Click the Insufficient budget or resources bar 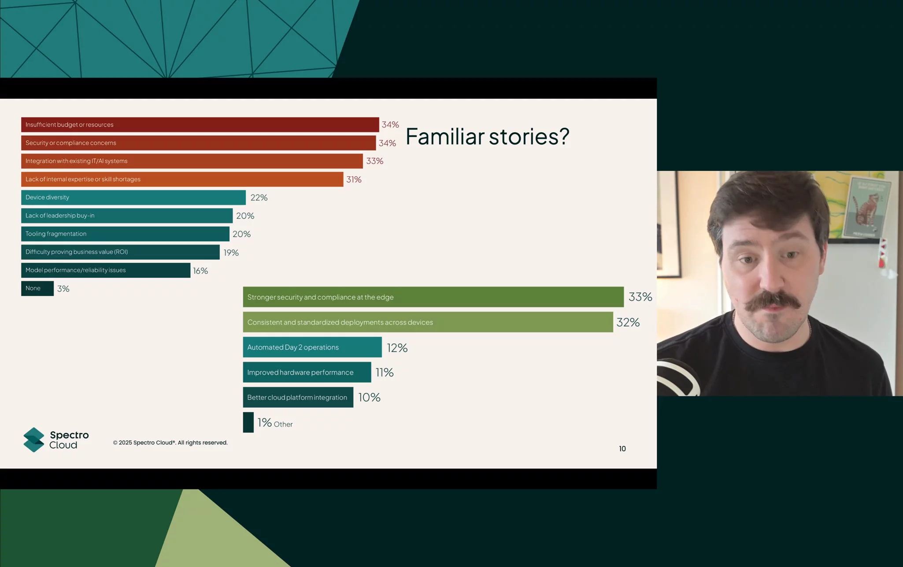(x=200, y=125)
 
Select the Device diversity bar (x=133, y=198)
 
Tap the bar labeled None (x=37, y=288)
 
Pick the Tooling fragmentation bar (x=125, y=234)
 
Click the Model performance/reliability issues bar (x=106, y=270)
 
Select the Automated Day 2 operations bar (x=312, y=347)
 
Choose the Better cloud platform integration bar (x=298, y=397)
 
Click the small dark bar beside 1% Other (x=248, y=422)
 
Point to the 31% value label (x=354, y=179)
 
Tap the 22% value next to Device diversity (x=259, y=198)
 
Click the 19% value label (x=231, y=253)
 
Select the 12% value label (x=397, y=348)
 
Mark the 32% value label (x=628, y=322)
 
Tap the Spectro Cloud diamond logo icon (x=34, y=440)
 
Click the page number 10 (x=622, y=449)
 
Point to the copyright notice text (x=170, y=443)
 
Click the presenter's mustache (x=773, y=302)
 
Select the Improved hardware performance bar (x=307, y=372)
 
